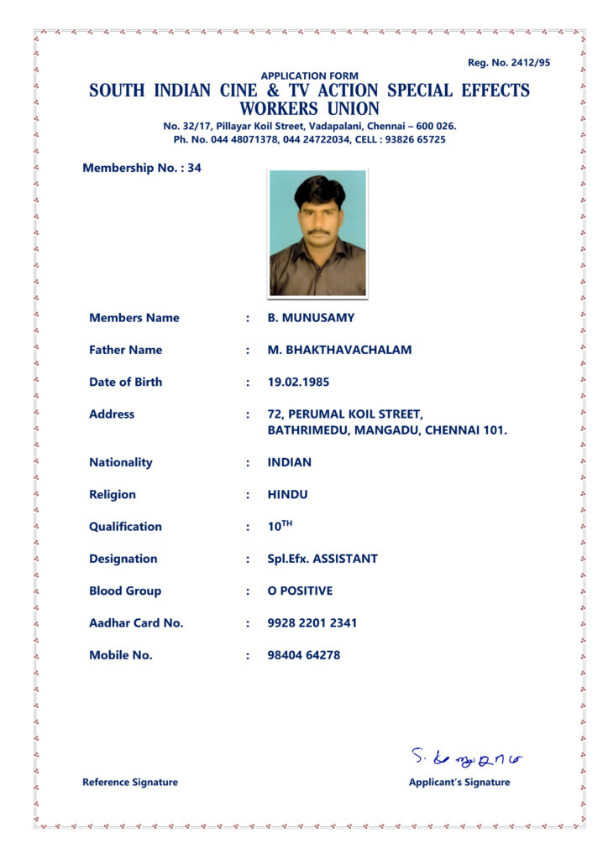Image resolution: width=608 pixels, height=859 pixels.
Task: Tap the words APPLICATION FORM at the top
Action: pos(309,75)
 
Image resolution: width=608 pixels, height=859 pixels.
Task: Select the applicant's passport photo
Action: pos(317,233)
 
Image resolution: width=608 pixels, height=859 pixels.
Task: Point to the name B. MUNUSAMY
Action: pos(311,318)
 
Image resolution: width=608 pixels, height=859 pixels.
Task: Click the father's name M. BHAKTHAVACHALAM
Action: pos(339,350)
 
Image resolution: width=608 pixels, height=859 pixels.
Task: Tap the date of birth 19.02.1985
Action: pos(298,382)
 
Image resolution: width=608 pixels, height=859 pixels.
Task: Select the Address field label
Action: pos(112,414)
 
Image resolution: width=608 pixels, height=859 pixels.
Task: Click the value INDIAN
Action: pos(289,462)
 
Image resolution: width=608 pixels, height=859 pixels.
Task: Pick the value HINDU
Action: pos(287,494)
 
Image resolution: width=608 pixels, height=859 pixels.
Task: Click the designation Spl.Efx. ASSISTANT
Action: pos(322,559)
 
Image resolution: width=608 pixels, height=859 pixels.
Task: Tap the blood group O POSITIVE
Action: pos(300,591)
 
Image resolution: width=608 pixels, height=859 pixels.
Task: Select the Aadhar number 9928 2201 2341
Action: pos(312,622)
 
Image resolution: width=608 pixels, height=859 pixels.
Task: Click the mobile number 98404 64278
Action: pos(304,655)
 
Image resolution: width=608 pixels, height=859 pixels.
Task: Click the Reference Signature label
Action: pos(130,782)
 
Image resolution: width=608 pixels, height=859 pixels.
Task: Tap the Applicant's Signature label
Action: pos(459,782)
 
